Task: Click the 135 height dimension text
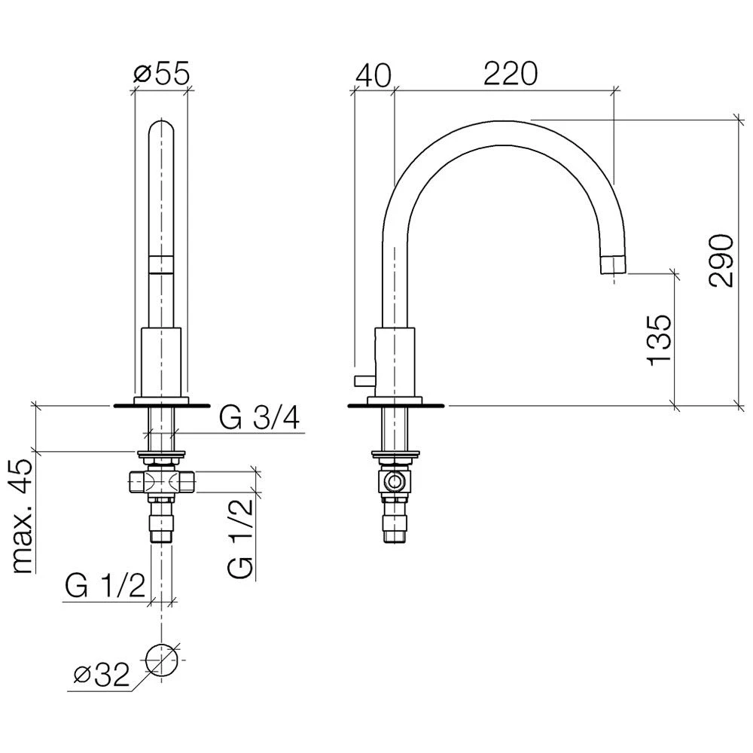point(659,339)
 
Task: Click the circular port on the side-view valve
point(395,482)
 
